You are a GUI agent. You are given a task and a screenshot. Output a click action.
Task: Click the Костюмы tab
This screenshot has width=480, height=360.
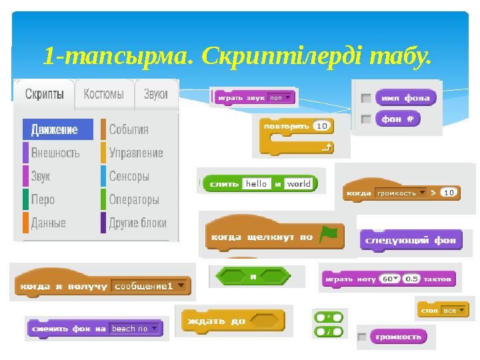point(103,95)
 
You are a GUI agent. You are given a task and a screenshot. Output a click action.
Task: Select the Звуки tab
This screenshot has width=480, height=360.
point(156,95)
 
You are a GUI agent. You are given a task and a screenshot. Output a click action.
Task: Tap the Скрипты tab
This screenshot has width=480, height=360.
point(45,95)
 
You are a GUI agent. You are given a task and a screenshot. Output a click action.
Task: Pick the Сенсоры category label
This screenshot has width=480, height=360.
point(129,176)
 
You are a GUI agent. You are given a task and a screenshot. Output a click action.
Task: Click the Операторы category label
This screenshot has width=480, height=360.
point(133,199)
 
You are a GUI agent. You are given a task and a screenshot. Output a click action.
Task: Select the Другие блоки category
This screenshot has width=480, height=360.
point(137,223)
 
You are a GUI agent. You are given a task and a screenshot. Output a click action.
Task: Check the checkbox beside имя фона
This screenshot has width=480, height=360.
point(365,98)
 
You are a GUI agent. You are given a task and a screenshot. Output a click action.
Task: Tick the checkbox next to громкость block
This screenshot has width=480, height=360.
point(362,337)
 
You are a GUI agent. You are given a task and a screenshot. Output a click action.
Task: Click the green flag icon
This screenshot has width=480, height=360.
point(328,235)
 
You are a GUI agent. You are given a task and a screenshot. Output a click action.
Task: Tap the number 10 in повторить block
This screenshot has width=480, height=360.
point(322,125)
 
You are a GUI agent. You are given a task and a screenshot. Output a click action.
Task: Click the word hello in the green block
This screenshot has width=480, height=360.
point(256,184)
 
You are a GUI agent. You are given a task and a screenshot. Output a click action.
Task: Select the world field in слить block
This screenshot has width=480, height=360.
point(299,184)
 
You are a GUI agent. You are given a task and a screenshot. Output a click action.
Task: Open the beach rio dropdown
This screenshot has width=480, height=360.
point(135,329)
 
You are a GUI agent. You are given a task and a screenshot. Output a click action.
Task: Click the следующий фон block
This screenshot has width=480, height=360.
point(411,241)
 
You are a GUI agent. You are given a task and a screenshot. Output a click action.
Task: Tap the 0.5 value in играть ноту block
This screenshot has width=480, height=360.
point(412,279)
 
